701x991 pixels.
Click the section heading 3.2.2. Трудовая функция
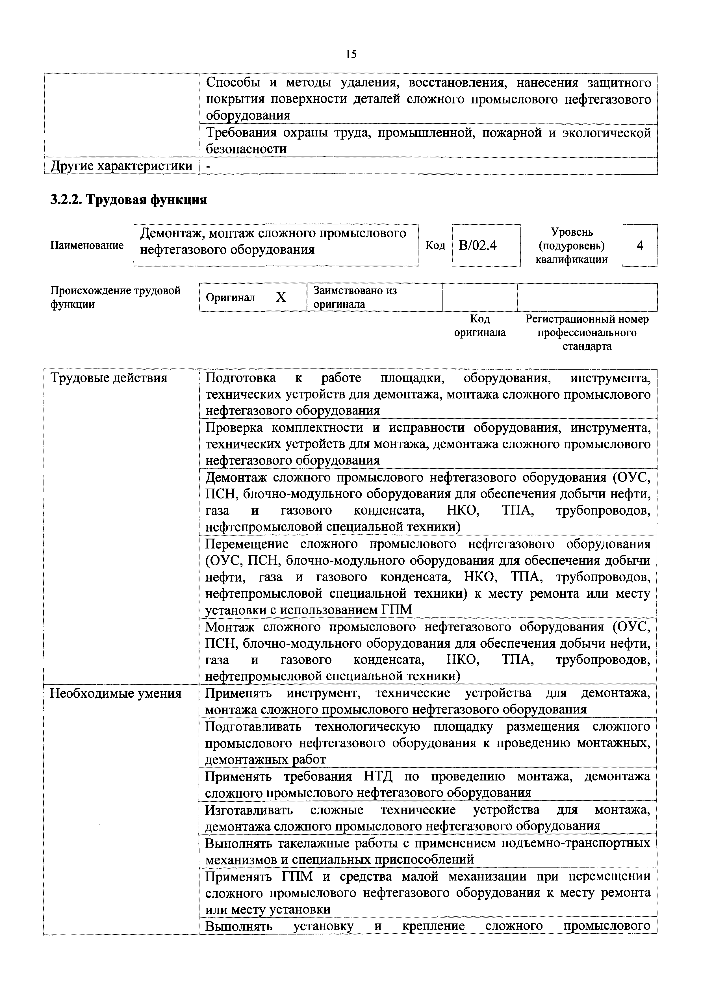click(x=129, y=200)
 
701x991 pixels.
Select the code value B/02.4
click(x=478, y=245)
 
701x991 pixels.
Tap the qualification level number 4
click(x=640, y=246)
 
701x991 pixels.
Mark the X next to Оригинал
click(x=281, y=297)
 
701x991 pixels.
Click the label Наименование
click(x=87, y=245)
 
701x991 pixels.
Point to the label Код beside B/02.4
click(x=435, y=245)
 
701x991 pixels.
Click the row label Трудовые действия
click(x=109, y=378)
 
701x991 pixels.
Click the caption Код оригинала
click(x=480, y=326)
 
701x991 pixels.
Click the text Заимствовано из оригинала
click(x=355, y=297)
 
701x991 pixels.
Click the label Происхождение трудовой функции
click(x=115, y=297)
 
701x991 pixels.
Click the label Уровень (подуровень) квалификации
click(x=572, y=246)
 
